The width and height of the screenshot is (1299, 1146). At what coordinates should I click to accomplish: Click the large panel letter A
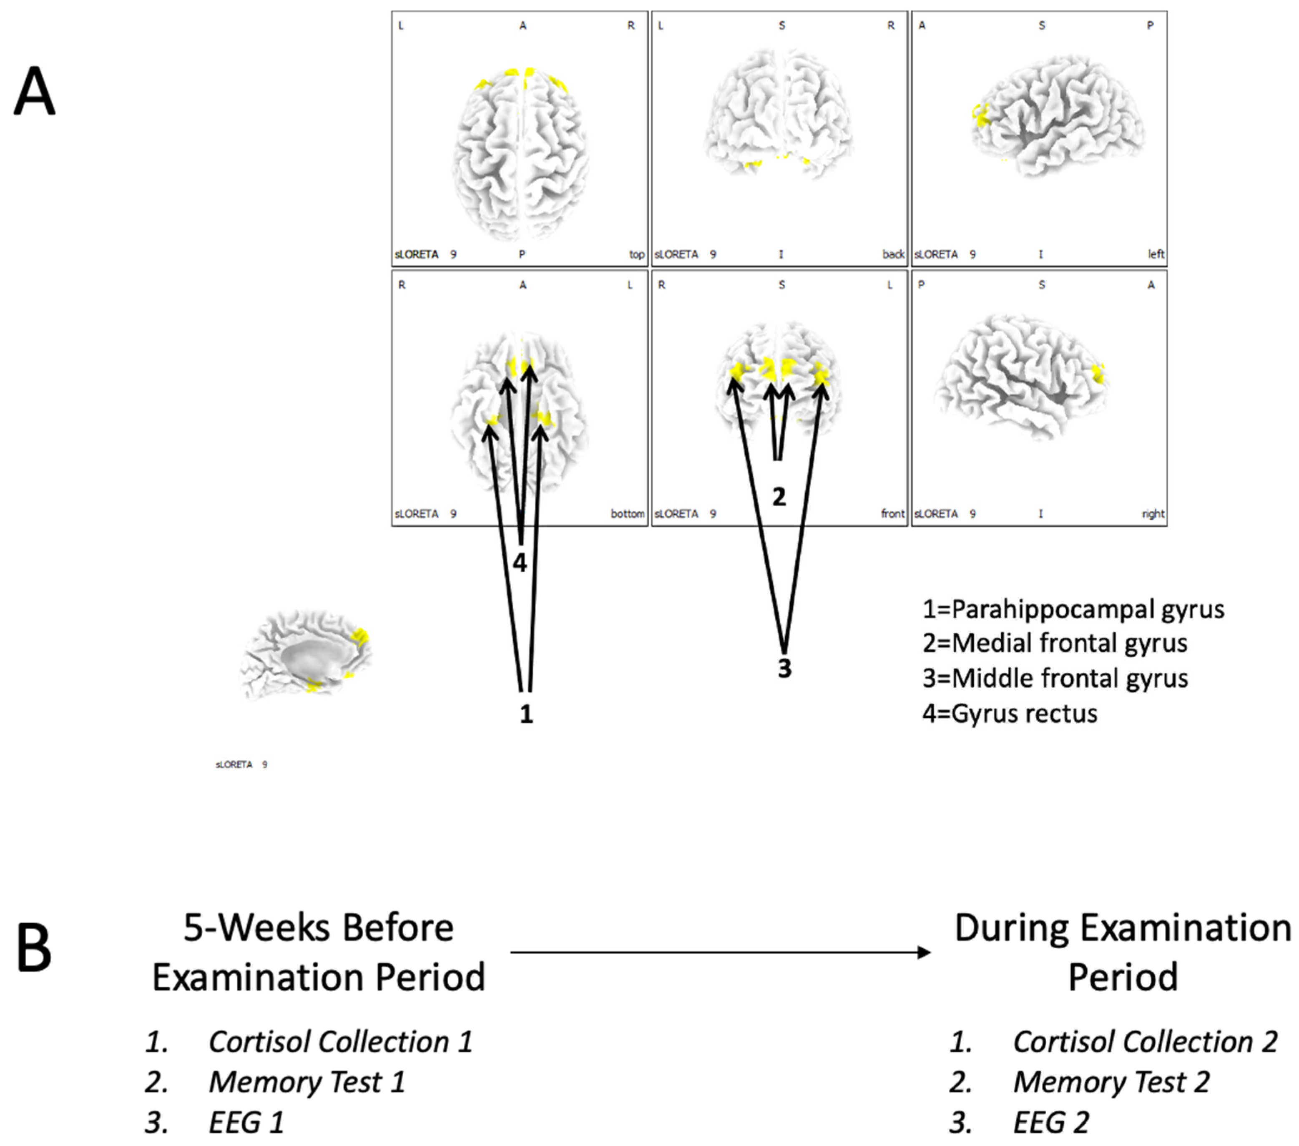click(35, 93)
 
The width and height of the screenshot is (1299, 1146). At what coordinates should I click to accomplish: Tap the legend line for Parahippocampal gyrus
click(1073, 609)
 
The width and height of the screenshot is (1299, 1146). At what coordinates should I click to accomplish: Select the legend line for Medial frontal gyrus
click(1055, 643)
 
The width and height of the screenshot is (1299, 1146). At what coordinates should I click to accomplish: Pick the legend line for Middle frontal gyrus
click(1055, 678)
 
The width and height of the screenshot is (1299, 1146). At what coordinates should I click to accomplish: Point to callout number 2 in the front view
click(779, 496)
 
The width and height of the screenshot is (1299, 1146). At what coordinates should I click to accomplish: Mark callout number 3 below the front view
click(784, 668)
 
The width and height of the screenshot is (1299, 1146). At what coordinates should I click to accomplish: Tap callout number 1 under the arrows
click(526, 714)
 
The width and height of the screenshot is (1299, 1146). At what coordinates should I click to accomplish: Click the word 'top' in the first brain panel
click(636, 254)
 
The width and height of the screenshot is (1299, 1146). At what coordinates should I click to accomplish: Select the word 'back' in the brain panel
click(893, 254)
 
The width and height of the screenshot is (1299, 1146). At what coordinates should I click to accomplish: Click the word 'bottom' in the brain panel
click(627, 513)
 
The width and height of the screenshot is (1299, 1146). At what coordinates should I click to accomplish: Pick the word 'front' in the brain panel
click(893, 513)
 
